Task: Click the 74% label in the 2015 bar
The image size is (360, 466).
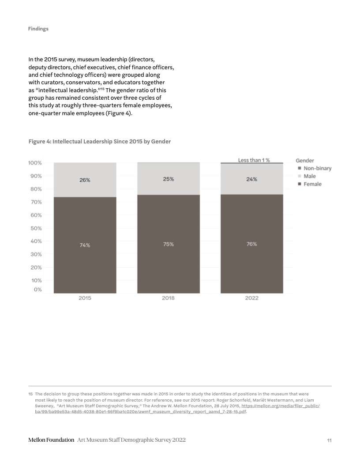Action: point(85,245)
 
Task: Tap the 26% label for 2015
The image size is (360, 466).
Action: point(85,180)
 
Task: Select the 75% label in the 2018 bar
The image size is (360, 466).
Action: point(168,244)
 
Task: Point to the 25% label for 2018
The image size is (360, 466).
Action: point(168,179)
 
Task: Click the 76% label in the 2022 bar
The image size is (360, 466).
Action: point(251,244)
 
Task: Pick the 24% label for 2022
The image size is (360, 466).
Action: point(251,179)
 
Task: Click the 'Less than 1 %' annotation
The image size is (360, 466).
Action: point(254,160)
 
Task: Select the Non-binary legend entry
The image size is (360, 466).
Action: point(317,168)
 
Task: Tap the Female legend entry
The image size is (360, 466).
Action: point(312,184)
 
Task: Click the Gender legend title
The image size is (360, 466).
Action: point(305,161)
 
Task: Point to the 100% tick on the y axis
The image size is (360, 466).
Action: point(35,163)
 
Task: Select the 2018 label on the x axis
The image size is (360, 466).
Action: point(168,298)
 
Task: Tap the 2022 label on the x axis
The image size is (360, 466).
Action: point(251,298)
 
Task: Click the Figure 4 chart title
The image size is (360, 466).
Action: point(100,141)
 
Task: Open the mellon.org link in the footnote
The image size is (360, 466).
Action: point(280,405)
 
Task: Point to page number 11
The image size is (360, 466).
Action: point(329,440)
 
